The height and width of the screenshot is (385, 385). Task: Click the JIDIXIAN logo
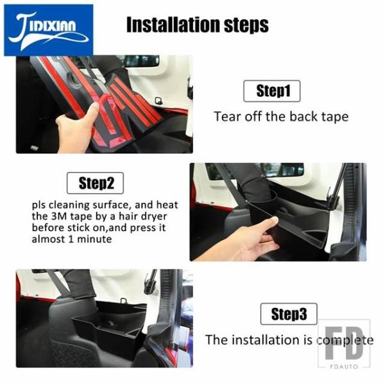click(x=49, y=30)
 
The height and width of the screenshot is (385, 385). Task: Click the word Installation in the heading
click(x=173, y=24)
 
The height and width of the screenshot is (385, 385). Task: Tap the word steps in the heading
click(x=246, y=26)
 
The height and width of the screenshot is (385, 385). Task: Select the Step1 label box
click(x=272, y=91)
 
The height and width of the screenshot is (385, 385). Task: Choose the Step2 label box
click(x=95, y=183)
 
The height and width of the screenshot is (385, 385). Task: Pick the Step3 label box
click(x=289, y=314)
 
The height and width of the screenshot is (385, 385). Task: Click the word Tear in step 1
click(x=227, y=116)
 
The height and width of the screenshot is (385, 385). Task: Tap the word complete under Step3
click(x=345, y=341)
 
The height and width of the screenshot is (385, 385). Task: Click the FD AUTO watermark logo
click(x=344, y=344)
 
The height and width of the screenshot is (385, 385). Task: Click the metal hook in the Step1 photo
click(x=158, y=101)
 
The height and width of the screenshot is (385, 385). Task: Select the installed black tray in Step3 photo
click(x=108, y=327)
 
